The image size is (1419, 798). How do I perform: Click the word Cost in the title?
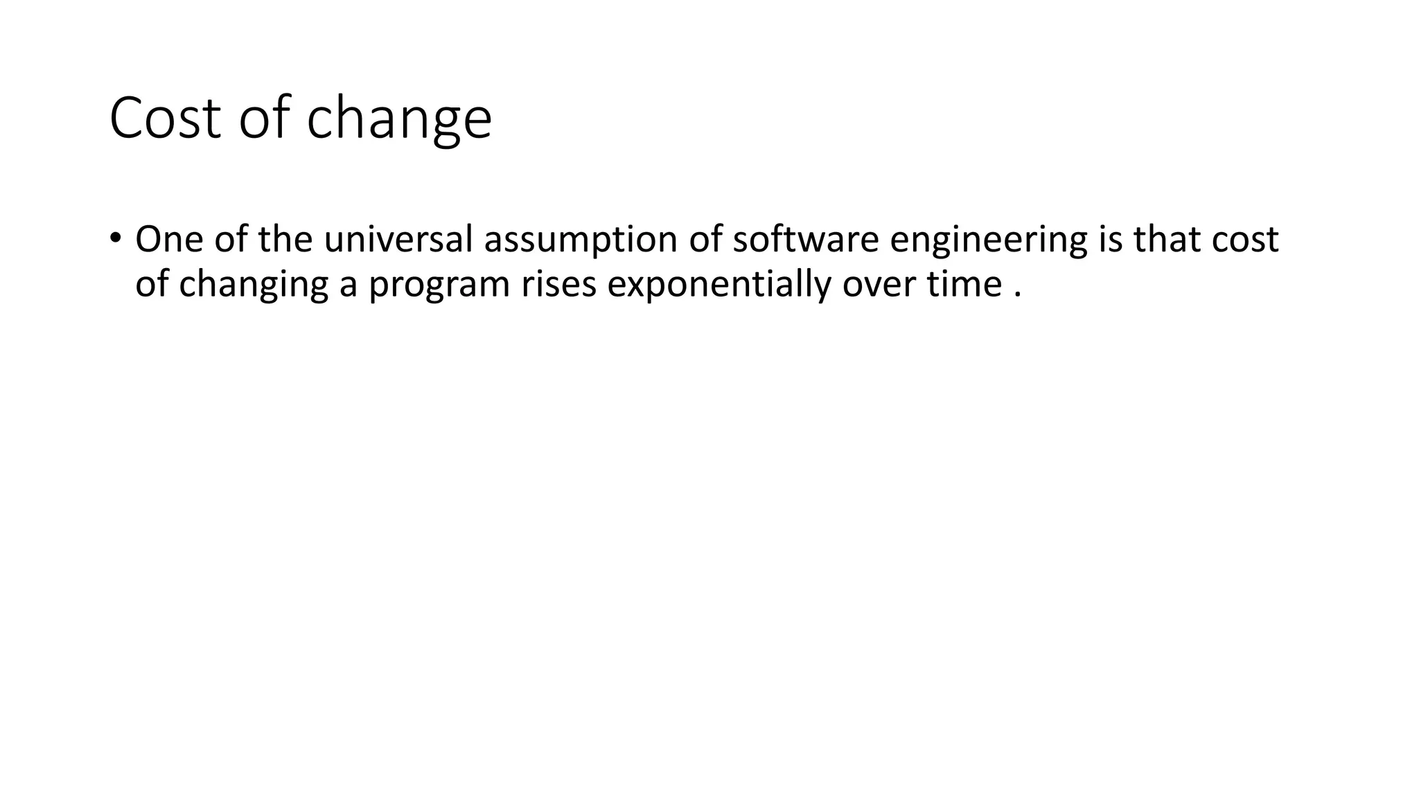pyautogui.click(x=165, y=118)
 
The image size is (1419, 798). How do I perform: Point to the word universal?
pyautogui.click(x=398, y=240)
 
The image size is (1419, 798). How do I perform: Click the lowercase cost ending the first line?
pyautogui.click(x=1245, y=240)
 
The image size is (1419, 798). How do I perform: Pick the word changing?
pyautogui.click(x=253, y=285)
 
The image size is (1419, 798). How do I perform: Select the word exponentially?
pyautogui.click(x=719, y=285)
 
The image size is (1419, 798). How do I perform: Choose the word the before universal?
pyautogui.click(x=285, y=240)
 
